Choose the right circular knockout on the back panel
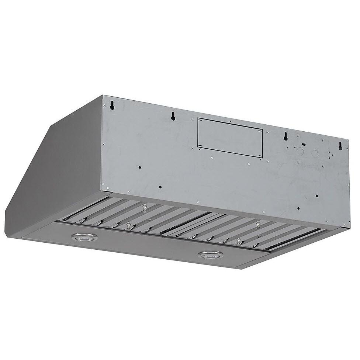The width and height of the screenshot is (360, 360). (x=314, y=153)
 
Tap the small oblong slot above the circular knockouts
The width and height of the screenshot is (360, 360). (x=303, y=144)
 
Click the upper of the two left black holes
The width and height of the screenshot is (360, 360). (x=140, y=168)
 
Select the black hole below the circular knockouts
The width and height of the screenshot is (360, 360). (x=317, y=196)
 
